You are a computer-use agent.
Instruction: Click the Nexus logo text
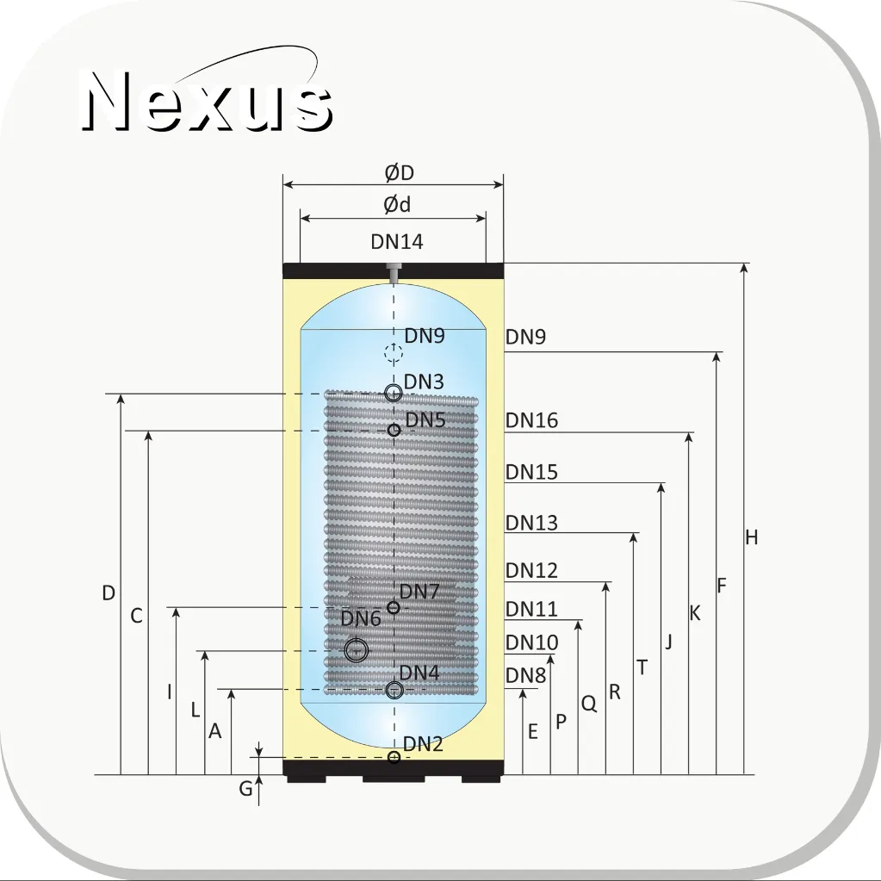click(207, 101)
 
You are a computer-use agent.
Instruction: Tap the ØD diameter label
click(399, 172)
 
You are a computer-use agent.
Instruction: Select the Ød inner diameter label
click(397, 204)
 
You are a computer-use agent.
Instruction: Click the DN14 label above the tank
click(397, 242)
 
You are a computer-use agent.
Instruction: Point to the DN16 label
click(531, 420)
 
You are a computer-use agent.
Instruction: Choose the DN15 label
click(531, 472)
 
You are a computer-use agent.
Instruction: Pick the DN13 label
click(531, 523)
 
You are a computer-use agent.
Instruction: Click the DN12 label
click(531, 570)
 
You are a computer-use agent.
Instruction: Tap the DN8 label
click(526, 675)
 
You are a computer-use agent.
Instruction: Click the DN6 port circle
click(357, 651)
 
